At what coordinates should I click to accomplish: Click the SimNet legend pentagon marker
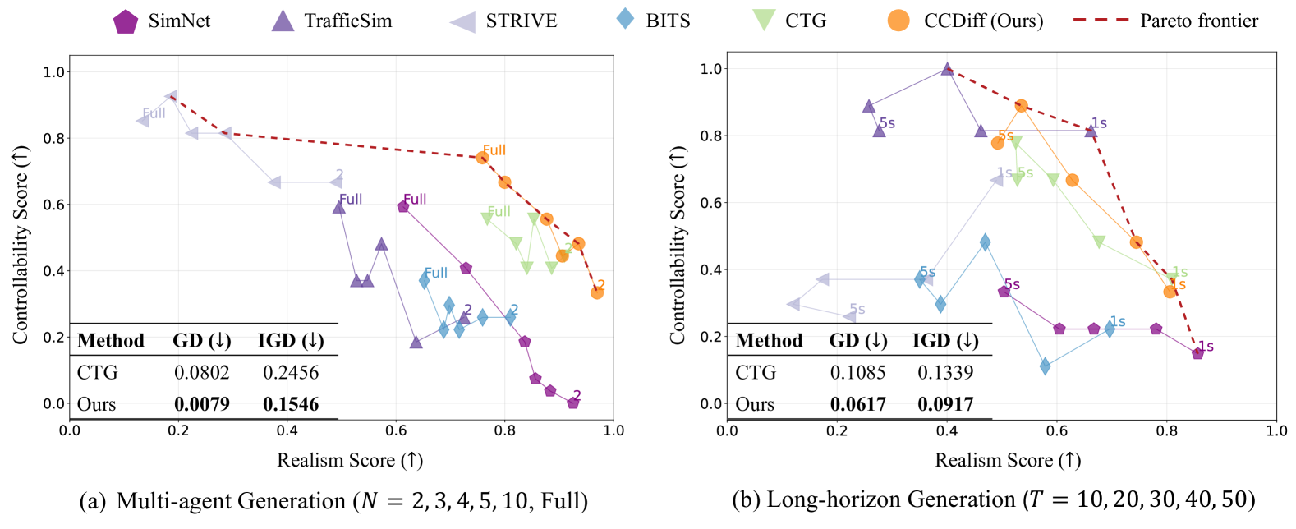(x=126, y=21)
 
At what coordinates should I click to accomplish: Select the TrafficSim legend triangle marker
(x=283, y=21)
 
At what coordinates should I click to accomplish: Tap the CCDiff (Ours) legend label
(x=983, y=21)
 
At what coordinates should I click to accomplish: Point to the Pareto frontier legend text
(x=1199, y=21)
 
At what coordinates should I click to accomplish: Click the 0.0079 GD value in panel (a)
(x=202, y=404)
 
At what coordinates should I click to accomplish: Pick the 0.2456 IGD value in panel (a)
(x=291, y=372)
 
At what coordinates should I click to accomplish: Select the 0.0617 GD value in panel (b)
(x=858, y=404)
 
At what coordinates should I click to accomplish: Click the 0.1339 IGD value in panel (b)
(x=945, y=372)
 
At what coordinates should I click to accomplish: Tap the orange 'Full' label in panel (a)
(x=494, y=149)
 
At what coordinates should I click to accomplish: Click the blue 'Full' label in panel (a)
(x=436, y=273)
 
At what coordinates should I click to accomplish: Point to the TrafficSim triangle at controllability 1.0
(x=947, y=70)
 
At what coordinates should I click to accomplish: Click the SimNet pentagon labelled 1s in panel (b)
(x=1197, y=352)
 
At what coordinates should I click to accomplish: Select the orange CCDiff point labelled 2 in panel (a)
(x=597, y=292)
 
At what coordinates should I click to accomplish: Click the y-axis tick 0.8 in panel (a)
(x=54, y=139)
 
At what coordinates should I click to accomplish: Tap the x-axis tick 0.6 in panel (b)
(x=1057, y=430)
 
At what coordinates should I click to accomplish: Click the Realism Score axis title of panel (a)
(x=350, y=460)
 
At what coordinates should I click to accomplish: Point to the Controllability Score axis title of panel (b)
(x=678, y=245)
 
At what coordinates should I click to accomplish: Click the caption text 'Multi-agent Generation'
(x=231, y=501)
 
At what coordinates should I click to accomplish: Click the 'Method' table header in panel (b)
(x=769, y=340)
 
